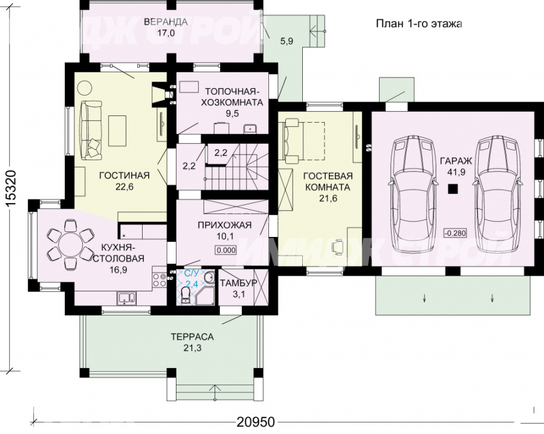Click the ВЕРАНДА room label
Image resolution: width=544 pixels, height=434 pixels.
coord(166,22)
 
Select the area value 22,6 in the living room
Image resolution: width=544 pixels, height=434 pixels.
coord(124,187)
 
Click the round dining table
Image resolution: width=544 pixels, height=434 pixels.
coord(70,245)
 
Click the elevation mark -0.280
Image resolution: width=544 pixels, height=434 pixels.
coord(455,233)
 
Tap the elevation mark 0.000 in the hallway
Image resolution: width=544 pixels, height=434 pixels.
coord(226,250)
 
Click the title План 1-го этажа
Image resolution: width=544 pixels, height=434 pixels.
coord(419,24)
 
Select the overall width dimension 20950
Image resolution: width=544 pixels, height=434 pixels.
coord(256,422)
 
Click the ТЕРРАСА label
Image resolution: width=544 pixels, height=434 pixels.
coord(192,337)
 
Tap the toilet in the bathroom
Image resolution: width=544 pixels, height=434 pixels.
coord(186,297)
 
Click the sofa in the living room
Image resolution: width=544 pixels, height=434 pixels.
coord(91,129)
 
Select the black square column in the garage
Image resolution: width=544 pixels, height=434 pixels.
coord(452,189)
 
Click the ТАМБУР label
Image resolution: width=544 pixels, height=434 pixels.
coord(238,283)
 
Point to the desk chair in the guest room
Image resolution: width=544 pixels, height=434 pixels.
coord(337,246)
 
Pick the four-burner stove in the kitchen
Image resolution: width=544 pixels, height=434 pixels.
coord(160,280)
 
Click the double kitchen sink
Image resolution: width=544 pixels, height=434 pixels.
coord(126,297)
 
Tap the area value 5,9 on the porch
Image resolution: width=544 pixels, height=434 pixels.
coord(287,41)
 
